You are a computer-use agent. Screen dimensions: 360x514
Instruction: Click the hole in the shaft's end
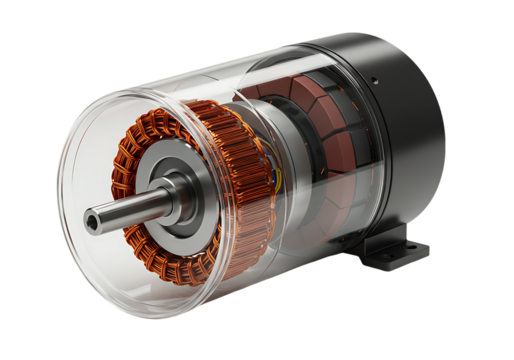(x=94, y=222)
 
